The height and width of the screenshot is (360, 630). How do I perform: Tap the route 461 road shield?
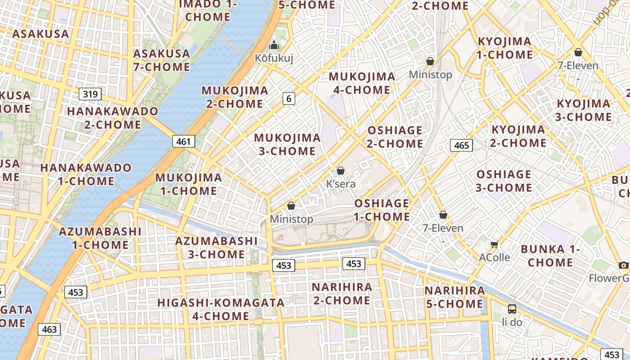184,142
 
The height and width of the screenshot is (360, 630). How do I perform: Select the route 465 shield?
461,145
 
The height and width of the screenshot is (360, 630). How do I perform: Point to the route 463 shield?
49,329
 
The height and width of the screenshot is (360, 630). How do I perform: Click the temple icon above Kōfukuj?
274,45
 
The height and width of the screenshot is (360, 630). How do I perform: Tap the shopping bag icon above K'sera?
341,171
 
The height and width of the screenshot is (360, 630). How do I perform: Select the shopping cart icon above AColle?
495,245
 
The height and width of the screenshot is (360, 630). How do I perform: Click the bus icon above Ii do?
512,309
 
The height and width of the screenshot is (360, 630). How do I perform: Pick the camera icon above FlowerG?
623,265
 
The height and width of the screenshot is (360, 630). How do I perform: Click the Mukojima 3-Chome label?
287,144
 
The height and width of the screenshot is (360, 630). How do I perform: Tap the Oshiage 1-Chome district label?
382,210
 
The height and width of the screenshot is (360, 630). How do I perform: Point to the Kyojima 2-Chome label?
518,136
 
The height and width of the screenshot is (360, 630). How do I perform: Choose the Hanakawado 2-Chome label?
112,118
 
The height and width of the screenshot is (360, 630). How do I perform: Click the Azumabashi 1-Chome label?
100,238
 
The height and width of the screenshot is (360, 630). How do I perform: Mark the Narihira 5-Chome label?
454,297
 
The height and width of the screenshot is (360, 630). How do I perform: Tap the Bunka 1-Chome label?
550,256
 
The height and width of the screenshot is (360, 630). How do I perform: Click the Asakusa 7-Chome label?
162,60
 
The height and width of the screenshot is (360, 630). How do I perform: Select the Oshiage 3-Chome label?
504,181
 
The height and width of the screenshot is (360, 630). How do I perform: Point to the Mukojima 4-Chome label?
362,83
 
